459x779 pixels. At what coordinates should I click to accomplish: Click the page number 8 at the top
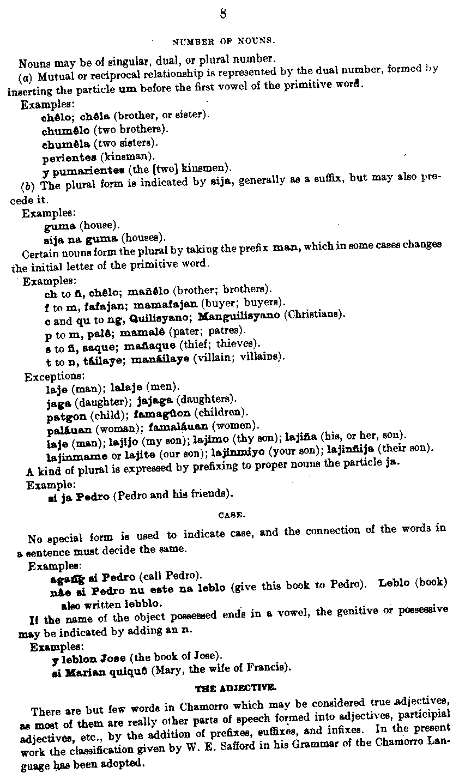pyautogui.click(x=222, y=14)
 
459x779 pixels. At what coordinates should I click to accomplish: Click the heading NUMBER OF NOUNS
pyautogui.click(x=215, y=41)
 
